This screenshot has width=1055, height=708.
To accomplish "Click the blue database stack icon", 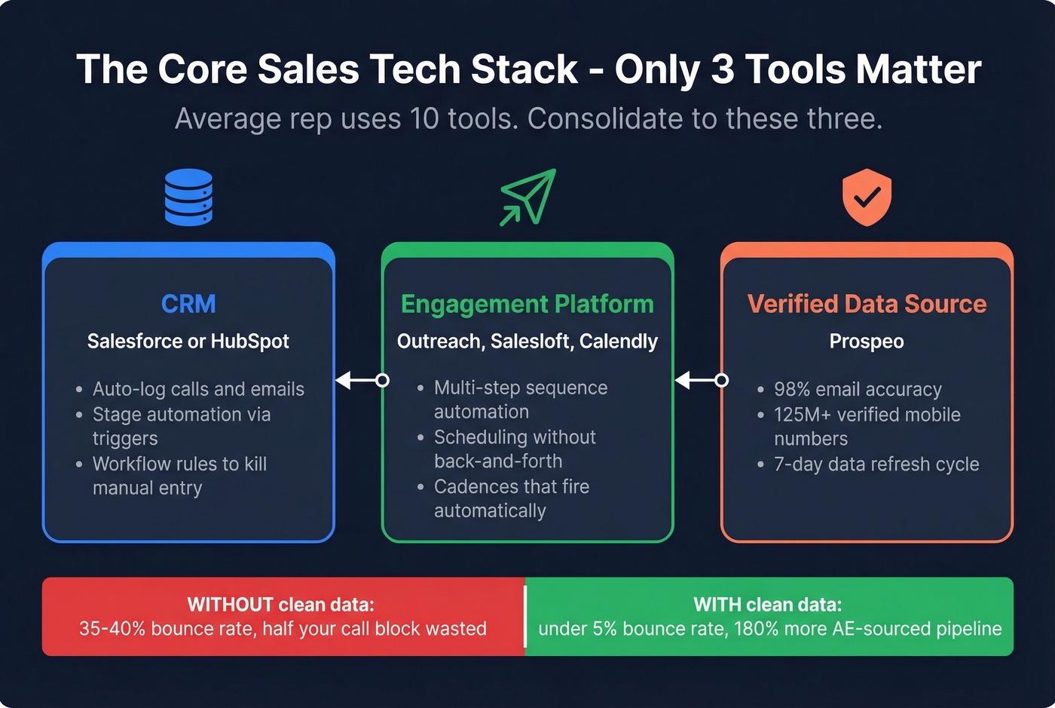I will (188, 197).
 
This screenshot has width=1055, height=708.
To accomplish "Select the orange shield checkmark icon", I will (867, 197).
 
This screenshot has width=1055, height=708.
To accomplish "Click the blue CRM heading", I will (188, 304).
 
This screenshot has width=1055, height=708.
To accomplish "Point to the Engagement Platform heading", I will (527, 304).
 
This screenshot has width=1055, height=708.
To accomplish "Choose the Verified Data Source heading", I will (867, 304).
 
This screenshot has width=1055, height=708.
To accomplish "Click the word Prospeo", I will (867, 342).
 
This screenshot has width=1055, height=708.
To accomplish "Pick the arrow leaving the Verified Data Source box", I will (700, 380).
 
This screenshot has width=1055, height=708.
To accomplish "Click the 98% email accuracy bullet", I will (858, 389).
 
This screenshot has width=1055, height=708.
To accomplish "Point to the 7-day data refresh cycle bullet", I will (876, 464).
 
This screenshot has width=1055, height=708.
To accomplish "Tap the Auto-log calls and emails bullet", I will (198, 389).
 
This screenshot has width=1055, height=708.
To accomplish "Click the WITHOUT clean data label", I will (280, 605).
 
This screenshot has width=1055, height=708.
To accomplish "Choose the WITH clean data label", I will (767, 605).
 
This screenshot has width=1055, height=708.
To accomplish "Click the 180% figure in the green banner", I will (757, 629).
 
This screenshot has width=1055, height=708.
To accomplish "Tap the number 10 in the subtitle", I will (424, 119).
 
